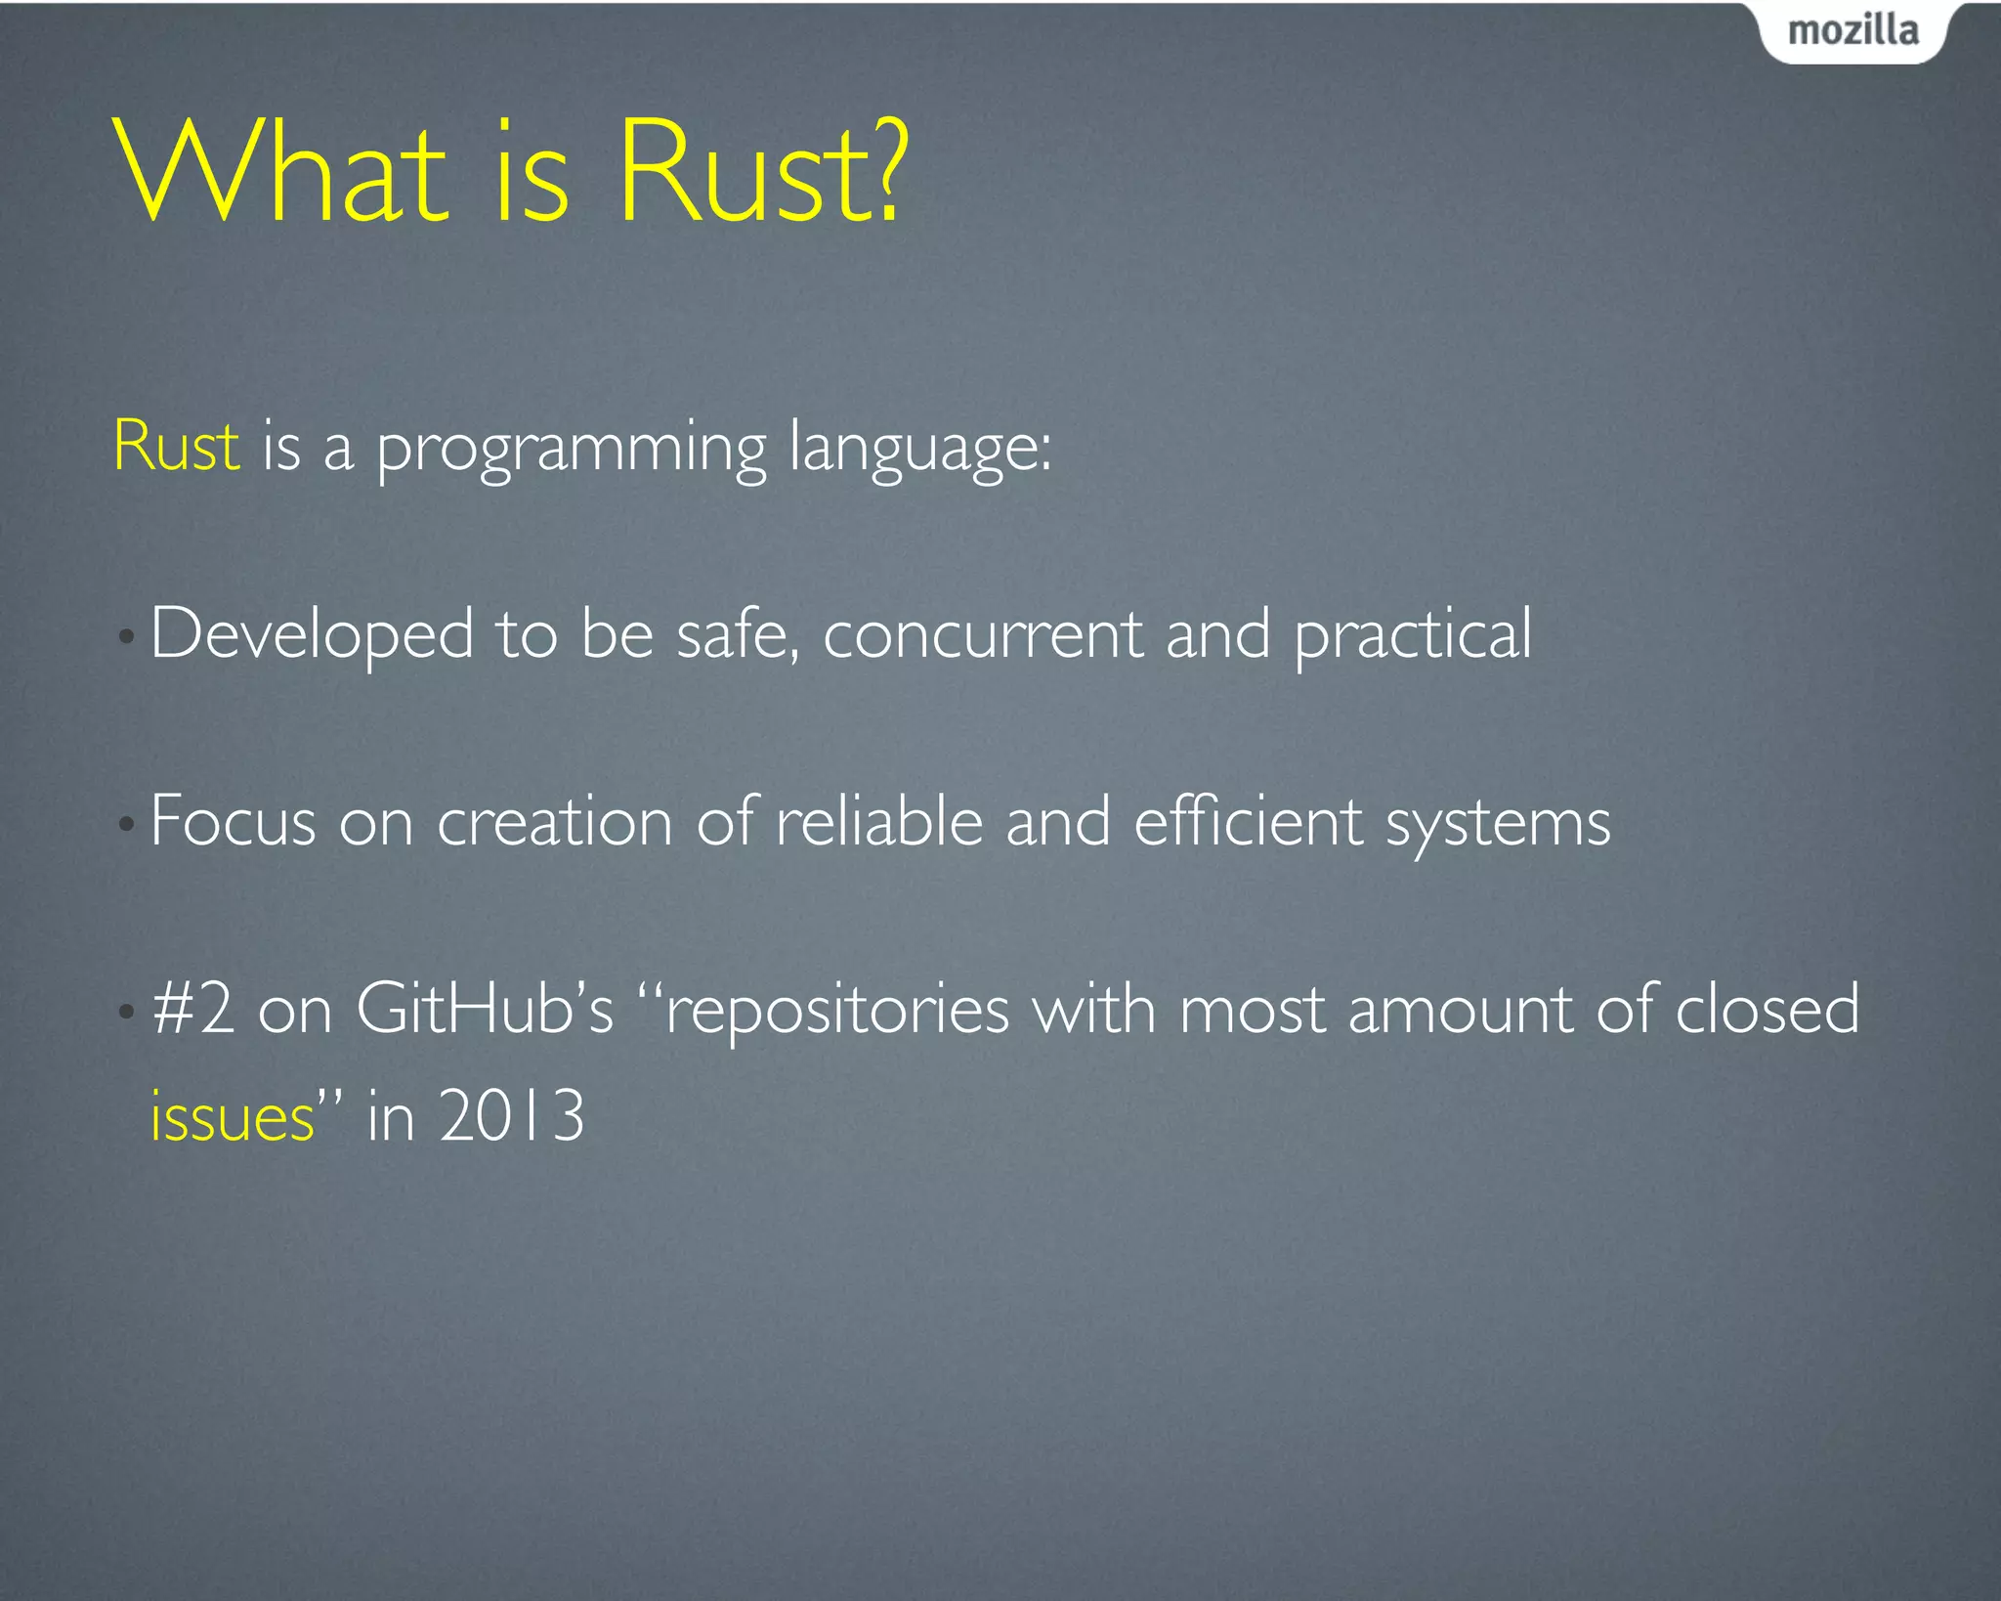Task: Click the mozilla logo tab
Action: pyautogui.click(x=1852, y=31)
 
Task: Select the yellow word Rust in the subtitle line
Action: pyautogui.click(x=176, y=447)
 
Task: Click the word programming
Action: pyautogui.click(x=572, y=450)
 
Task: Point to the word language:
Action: pyautogui.click(x=919, y=450)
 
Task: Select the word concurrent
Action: pyautogui.click(x=982, y=635)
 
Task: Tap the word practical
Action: pyautogui.click(x=1413, y=635)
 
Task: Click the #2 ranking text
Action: pyautogui.click(x=193, y=1009)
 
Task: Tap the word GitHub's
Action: pyautogui.click(x=484, y=1009)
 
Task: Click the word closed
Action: pyautogui.click(x=1767, y=1009)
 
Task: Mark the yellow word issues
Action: pyautogui.click(x=233, y=1117)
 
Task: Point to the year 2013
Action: pyautogui.click(x=511, y=1115)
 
